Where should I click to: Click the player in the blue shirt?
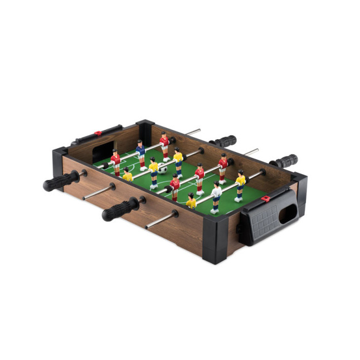click(141, 153)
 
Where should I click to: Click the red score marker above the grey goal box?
click(266, 198)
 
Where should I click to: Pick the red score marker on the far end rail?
click(98, 134)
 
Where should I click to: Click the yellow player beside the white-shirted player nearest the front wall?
click(191, 202)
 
